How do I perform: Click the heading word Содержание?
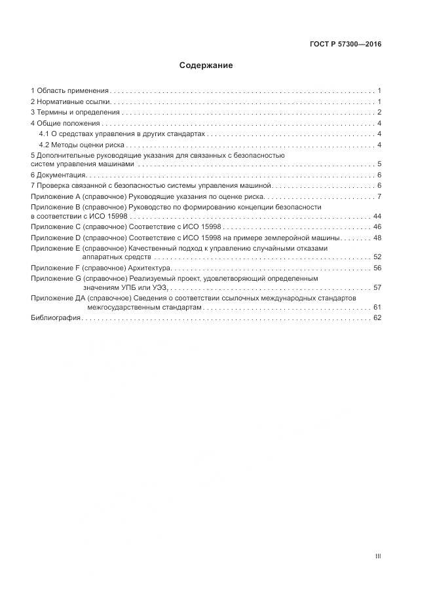pos(206,65)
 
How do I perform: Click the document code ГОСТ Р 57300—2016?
pos(345,45)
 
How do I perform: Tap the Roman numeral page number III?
pos(378,556)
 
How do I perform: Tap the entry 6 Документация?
pos(58,175)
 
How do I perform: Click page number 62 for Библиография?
pos(377,317)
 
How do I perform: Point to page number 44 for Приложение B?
pos(377,216)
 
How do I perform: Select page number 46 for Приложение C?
pos(377,226)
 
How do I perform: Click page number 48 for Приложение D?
pos(377,238)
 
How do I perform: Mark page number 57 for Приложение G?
pos(377,287)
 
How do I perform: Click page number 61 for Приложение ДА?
pos(377,306)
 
